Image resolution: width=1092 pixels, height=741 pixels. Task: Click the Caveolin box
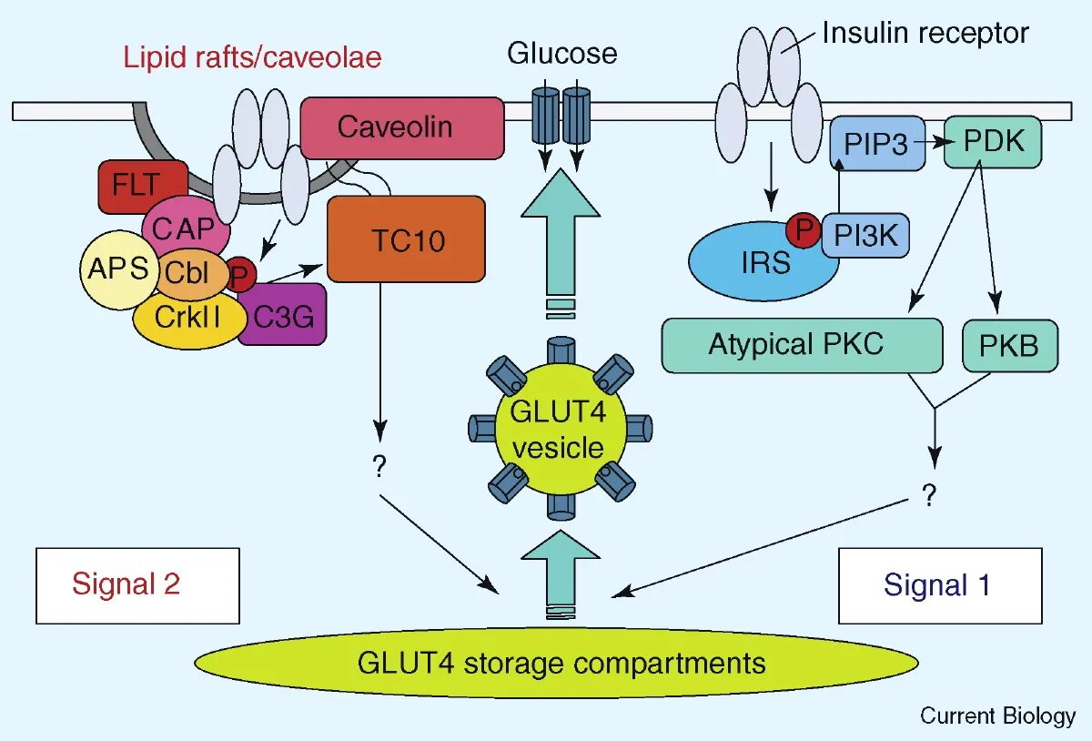[x=401, y=127]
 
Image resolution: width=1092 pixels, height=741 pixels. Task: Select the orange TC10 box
[x=405, y=239]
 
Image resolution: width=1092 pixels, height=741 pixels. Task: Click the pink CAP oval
[x=187, y=228]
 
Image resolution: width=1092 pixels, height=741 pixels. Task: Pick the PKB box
[x=1010, y=346]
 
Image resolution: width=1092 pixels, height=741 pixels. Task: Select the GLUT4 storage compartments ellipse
[x=556, y=662]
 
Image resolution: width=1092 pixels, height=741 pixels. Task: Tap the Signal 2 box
[x=137, y=584]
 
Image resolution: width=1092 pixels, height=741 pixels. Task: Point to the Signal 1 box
[x=939, y=584]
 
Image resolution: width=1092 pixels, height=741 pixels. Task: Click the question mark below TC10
[x=379, y=466]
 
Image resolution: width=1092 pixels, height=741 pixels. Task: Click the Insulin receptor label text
[x=925, y=34]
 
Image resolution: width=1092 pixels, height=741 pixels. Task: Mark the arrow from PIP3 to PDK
[x=935, y=142]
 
